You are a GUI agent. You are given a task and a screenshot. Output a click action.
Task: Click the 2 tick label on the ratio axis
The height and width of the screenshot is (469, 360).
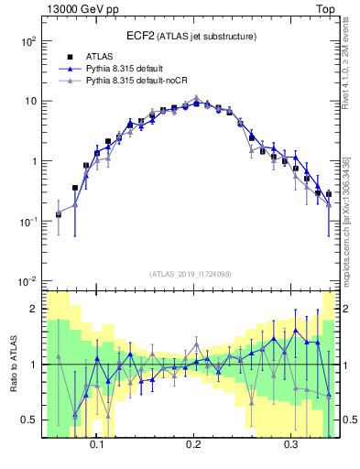34,310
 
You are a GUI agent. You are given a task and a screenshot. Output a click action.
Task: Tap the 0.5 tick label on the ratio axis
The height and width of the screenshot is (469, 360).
29,420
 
